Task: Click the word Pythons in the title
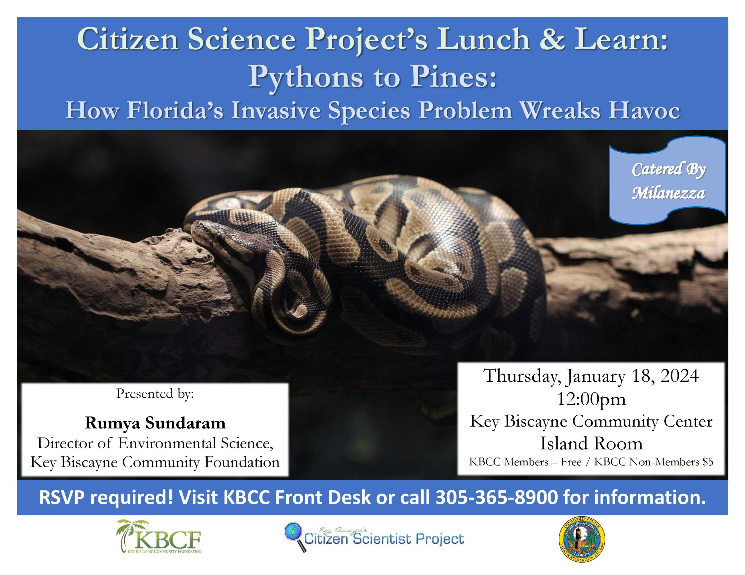(304, 77)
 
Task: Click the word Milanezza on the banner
(668, 193)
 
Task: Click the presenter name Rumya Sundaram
(155, 423)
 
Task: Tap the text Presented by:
(155, 394)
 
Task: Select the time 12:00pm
(591, 399)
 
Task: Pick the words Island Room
(591, 443)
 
